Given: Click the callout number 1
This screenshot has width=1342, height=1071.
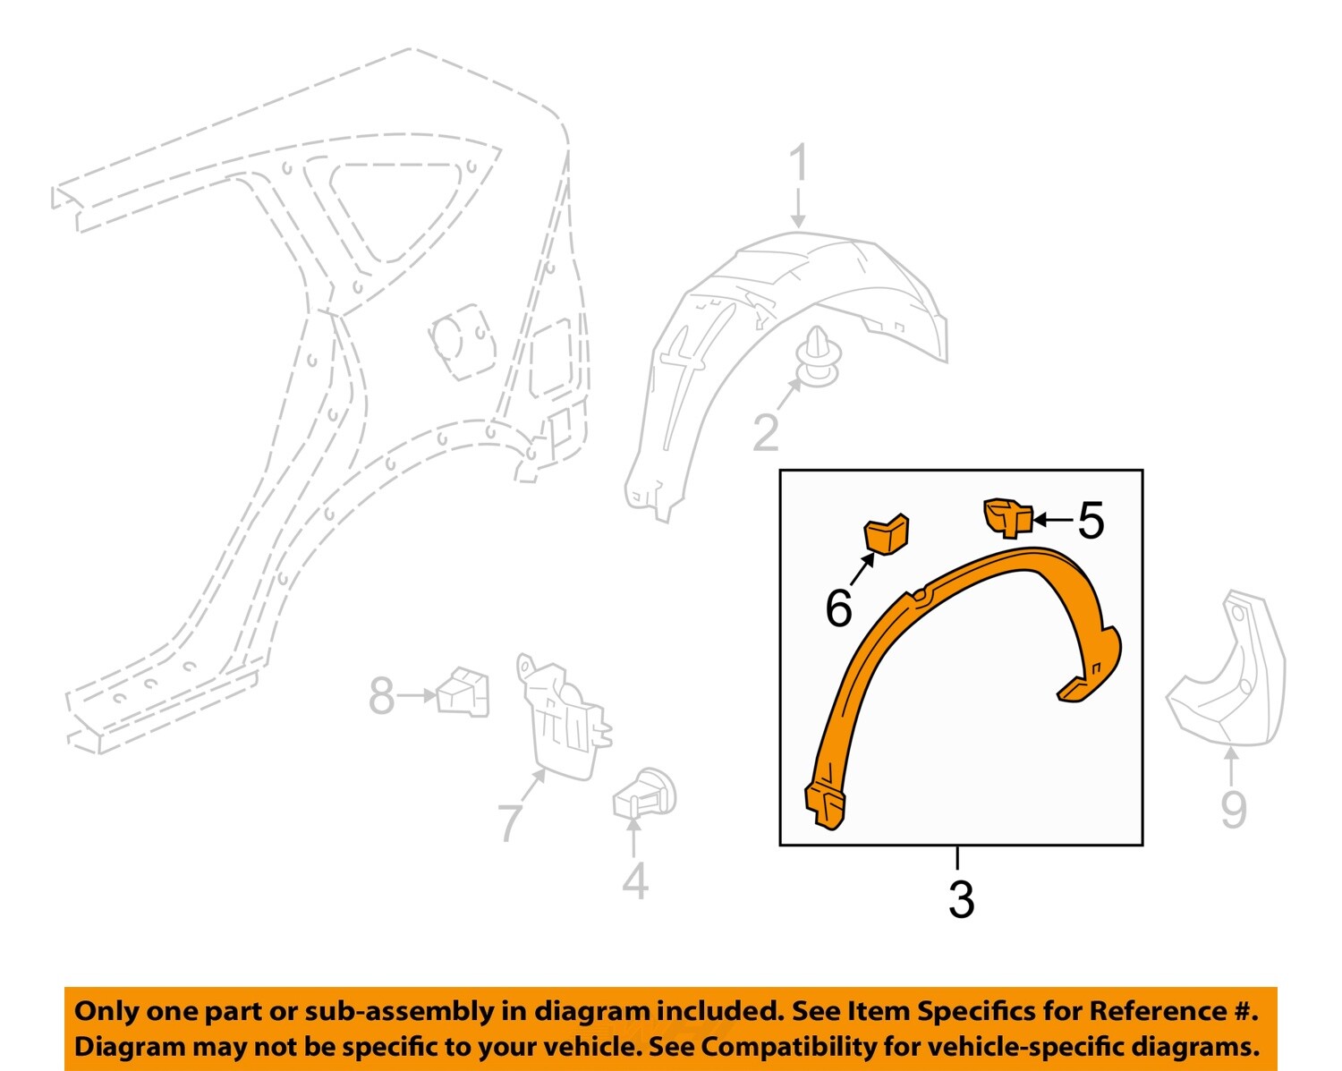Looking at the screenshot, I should click(798, 166).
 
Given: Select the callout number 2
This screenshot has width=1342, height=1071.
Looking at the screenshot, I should click(766, 432).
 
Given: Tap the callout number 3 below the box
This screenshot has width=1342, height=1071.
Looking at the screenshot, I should click(961, 899).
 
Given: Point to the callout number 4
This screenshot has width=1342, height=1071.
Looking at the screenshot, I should click(634, 881).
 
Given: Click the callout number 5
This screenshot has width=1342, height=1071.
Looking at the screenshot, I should click(1091, 520).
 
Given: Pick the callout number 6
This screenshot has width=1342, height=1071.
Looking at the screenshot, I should click(838, 609).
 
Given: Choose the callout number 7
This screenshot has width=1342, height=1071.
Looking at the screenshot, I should click(510, 822).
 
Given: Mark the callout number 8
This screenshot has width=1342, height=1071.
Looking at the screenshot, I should click(381, 696).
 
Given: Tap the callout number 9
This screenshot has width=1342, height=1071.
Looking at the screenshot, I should click(1234, 810).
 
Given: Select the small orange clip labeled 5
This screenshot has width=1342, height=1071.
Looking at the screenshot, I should click(1006, 517).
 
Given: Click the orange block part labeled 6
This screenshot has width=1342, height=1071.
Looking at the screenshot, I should click(886, 534).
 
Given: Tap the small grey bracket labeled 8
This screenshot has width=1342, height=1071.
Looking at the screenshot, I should click(464, 693).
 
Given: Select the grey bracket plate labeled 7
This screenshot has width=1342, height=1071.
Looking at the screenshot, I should click(564, 720).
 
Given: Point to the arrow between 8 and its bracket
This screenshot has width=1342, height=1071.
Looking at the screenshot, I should click(416, 695).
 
